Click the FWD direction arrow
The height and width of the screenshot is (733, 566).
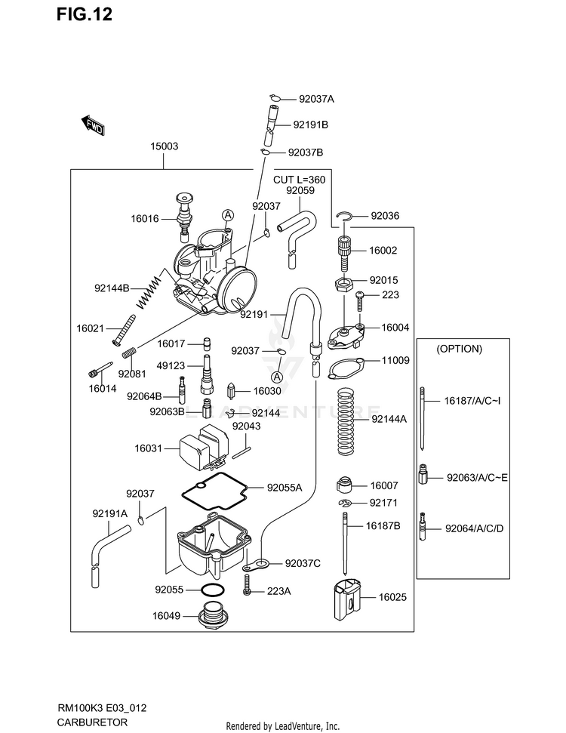92,126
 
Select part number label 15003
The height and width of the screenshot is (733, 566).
164,146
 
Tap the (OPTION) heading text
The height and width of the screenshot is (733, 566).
459,350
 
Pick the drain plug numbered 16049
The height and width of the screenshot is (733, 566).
213,617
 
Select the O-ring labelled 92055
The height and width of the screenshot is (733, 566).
213,590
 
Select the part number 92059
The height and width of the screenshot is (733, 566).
299,191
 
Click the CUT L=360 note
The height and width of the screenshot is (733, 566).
299,179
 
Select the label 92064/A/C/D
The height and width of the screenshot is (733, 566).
474,528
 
